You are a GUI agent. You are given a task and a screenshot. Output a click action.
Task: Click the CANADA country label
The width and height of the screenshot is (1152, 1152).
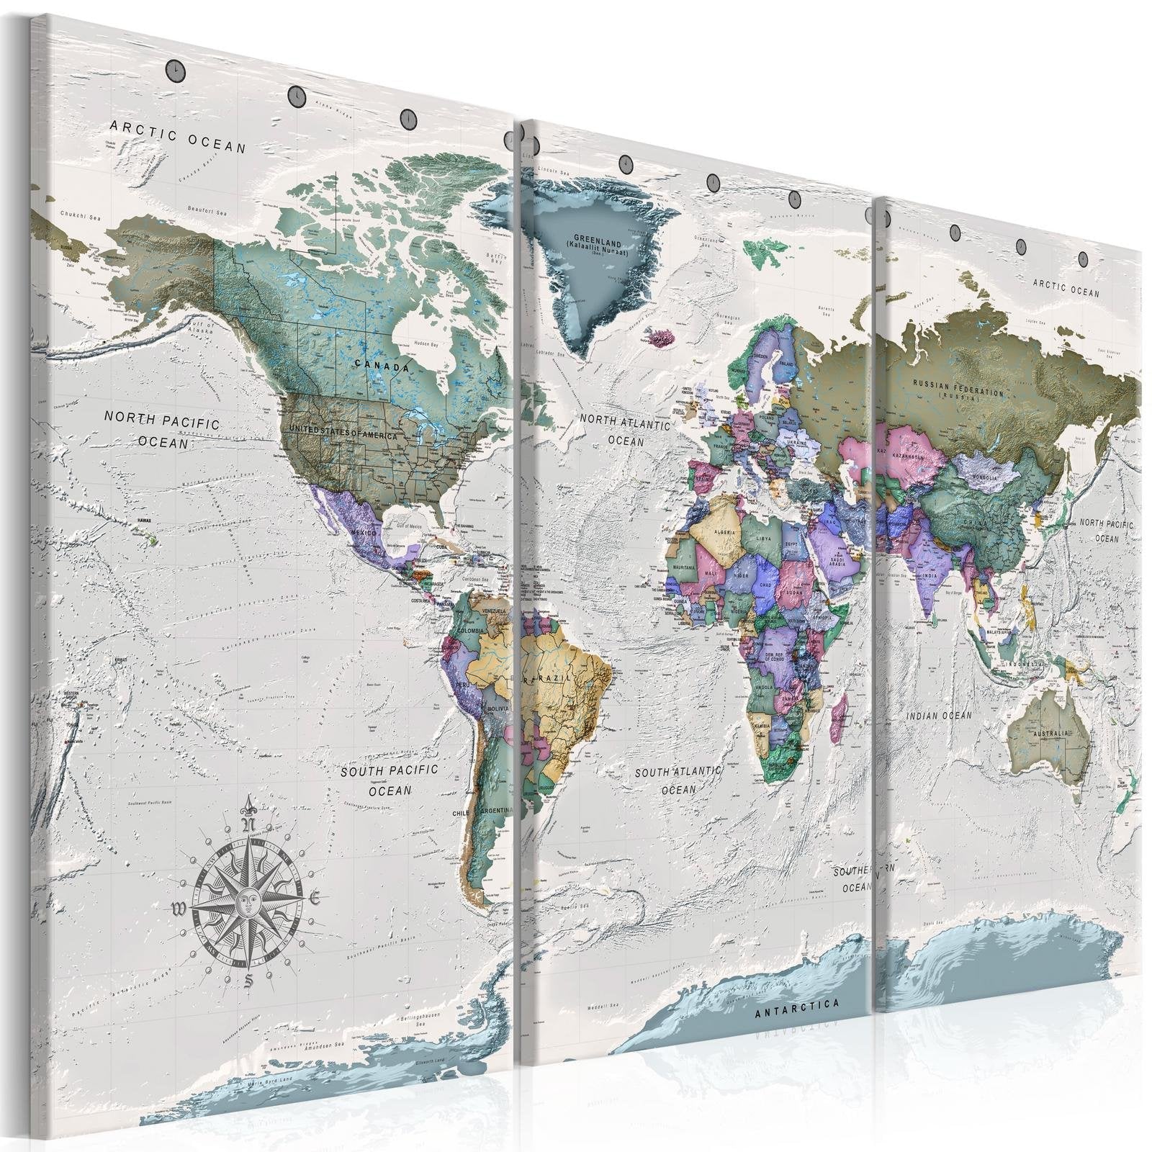[382, 364]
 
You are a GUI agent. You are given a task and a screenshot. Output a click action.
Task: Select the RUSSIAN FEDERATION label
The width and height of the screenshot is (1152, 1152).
[958, 390]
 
